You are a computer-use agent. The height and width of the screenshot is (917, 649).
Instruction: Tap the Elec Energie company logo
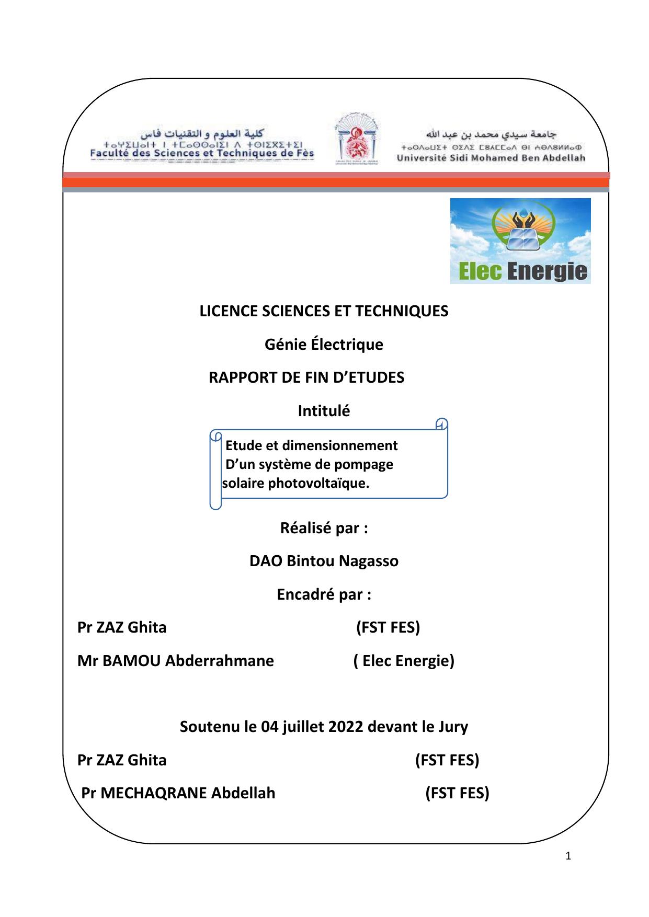click(x=520, y=241)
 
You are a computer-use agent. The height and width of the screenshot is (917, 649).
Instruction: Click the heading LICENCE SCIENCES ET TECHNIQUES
click(x=324, y=312)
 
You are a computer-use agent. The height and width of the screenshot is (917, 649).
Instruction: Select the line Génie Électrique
click(x=324, y=345)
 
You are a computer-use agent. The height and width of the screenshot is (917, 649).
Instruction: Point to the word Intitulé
click(x=324, y=411)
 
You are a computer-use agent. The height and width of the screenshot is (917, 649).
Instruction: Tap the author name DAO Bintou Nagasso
click(x=324, y=561)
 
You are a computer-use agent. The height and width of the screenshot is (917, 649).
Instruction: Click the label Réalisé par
click(x=324, y=529)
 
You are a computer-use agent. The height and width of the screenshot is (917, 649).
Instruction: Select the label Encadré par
click(x=324, y=595)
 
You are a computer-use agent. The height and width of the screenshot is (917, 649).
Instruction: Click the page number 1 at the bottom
click(x=569, y=856)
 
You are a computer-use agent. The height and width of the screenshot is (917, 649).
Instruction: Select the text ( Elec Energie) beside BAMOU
click(x=404, y=661)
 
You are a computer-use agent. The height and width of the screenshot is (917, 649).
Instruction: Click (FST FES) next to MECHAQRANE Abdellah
click(x=457, y=794)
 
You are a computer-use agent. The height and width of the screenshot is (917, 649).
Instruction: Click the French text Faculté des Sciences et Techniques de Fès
click(x=202, y=153)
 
